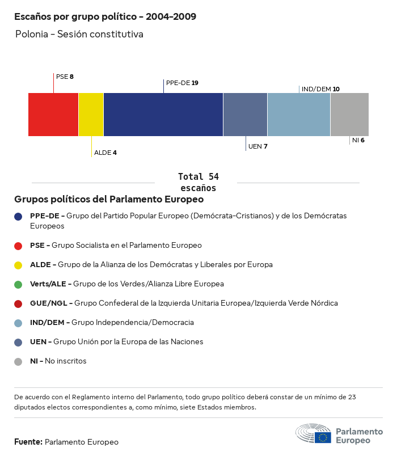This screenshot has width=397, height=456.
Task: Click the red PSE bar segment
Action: point(53,115)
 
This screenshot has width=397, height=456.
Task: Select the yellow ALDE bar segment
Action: point(91,115)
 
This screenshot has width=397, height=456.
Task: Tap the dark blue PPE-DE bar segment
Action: point(163,115)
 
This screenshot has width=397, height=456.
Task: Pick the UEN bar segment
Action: point(245,115)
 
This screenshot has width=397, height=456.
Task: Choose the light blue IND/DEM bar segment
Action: point(299,115)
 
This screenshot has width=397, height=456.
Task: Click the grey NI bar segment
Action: point(349,115)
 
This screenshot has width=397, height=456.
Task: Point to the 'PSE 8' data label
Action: point(65,77)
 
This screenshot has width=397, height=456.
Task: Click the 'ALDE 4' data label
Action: point(105,153)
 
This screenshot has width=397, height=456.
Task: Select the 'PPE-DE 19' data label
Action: point(182,83)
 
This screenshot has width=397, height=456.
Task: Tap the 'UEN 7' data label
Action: point(258,146)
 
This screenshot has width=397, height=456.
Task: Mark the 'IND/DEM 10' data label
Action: point(320,89)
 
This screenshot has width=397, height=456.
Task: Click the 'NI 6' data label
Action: point(358,140)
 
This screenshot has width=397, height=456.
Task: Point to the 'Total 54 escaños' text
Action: point(198,182)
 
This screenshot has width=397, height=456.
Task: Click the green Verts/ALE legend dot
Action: point(19,284)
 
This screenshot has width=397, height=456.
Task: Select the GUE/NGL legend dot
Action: point(19,303)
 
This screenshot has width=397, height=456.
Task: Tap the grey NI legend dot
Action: point(19,361)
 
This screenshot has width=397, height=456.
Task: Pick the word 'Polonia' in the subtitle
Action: point(32,34)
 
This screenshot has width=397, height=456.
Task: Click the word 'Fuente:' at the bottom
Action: point(28,442)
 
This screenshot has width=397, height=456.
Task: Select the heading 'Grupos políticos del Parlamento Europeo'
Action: point(109,200)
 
